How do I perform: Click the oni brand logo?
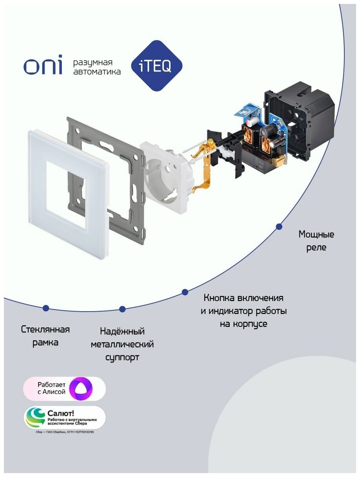coord(43,67)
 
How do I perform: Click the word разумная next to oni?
coord(93,63)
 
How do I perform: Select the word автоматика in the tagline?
coord(97,72)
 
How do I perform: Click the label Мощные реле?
coord(316,241)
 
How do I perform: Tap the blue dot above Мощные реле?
coord(279,226)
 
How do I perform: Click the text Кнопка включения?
coord(243,298)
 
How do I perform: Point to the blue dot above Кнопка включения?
coord(185,292)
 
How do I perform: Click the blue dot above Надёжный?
coord(122,309)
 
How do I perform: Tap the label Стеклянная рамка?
coord(46,336)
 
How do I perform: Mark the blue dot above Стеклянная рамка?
coord(46,308)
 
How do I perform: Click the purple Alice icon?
coord(81,389)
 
